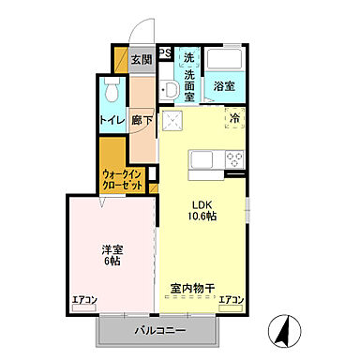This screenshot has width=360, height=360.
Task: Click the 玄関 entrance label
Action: pyautogui.click(x=140, y=61)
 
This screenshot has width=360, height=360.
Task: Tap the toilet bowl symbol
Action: pyautogui.click(x=112, y=92)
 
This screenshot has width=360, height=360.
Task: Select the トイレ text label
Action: pyautogui.click(x=112, y=120)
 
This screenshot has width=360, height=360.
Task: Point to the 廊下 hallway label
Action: pyautogui.click(x=142, y=120)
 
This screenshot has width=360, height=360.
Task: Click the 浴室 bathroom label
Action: pyautogui.click(x=223, y=86)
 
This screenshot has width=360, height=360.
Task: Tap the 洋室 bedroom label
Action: pyautogui.click(x=112, y=249)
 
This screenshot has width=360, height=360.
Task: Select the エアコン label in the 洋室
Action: pyautogui.click(x=85, y=301)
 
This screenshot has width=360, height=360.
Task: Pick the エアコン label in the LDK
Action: pyautogui.click(x=232, y=301)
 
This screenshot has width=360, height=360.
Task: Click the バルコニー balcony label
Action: pyautogui.click(x=158, y=330)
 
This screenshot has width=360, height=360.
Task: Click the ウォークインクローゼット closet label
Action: pyautogui.click(x=122, y=178)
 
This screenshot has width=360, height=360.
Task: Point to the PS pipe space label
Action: pyautogui.click(x=164, y=52)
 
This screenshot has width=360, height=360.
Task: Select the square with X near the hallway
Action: pyautogui.click(x=172, y=121)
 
